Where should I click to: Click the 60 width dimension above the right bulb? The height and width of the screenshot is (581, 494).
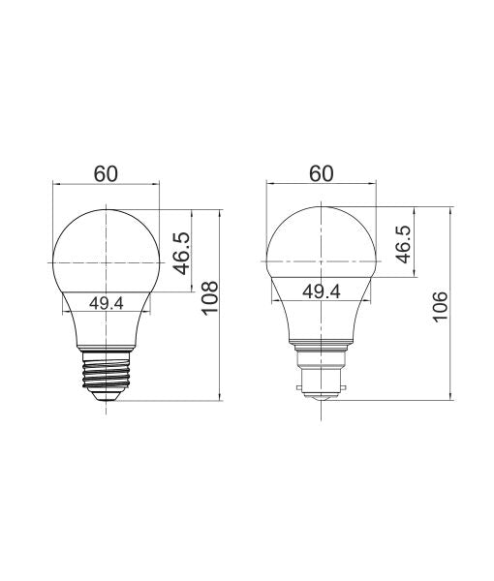tap(321, 173)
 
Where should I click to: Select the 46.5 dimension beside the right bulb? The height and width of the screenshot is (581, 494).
tap(403, 241)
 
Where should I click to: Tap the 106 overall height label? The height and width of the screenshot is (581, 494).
tap(441, 307)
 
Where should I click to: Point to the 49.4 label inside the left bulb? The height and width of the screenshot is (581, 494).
tap(106, 302)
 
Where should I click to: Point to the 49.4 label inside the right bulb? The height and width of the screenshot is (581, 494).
tap(321, 290)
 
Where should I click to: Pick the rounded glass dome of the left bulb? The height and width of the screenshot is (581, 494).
tap(105, 242)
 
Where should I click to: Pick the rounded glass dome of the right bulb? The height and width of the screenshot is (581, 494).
tap(321, 237)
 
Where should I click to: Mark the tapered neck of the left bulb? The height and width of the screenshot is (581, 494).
tap(105, 329)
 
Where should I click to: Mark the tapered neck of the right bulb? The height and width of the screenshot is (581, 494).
tap(321, 320)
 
